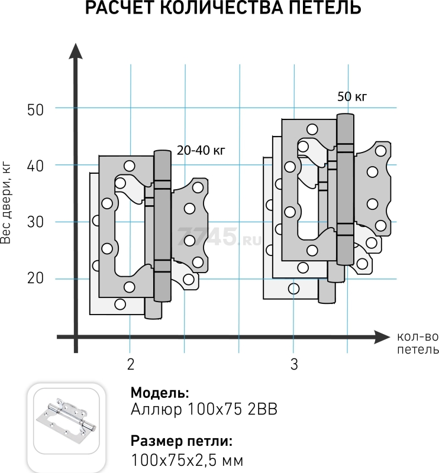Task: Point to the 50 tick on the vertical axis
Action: [35, 110]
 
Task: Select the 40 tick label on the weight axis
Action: [35, 166]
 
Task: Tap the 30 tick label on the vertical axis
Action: [35, 222]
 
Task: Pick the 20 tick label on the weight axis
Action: [35, 278]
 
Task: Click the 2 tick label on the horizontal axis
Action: [130, 364]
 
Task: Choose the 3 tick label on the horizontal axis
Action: [294, 364]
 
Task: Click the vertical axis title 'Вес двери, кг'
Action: [6, 204]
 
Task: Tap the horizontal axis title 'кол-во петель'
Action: [418, 344]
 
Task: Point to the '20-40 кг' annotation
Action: [201, 150]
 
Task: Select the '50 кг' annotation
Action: [352, 96]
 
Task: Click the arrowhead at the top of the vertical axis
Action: [76, 51]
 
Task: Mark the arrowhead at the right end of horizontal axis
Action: [382, 337]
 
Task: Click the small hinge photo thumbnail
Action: [66, 421]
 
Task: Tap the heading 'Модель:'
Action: [160, 393]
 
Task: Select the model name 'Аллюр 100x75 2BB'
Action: [204, 409]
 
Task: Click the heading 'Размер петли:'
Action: [182, 441]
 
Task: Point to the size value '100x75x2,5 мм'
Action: [187, 460]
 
